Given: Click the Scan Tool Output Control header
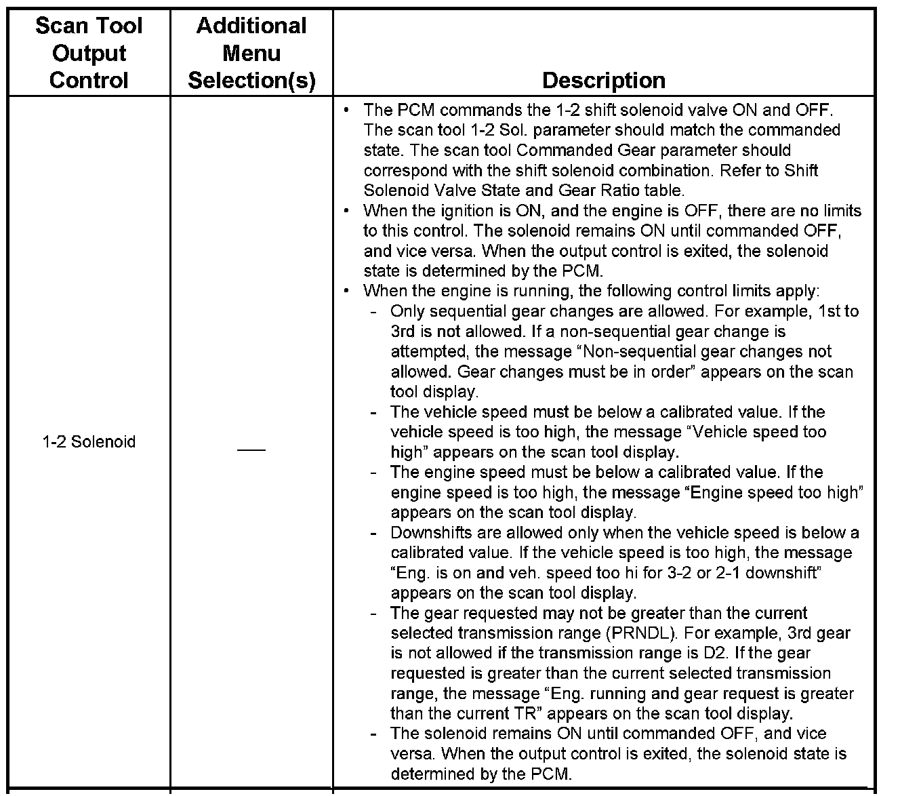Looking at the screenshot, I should (89, 53).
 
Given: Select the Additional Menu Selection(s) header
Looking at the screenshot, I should (251, 53).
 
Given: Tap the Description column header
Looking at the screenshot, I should (603, 80).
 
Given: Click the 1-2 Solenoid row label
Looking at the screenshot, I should (89, 442).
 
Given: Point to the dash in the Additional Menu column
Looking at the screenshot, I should (251, 450).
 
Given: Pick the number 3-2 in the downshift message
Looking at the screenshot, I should (678, 573).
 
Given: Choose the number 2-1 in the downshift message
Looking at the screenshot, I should (726, 573).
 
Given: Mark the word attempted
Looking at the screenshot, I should (424, 352).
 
